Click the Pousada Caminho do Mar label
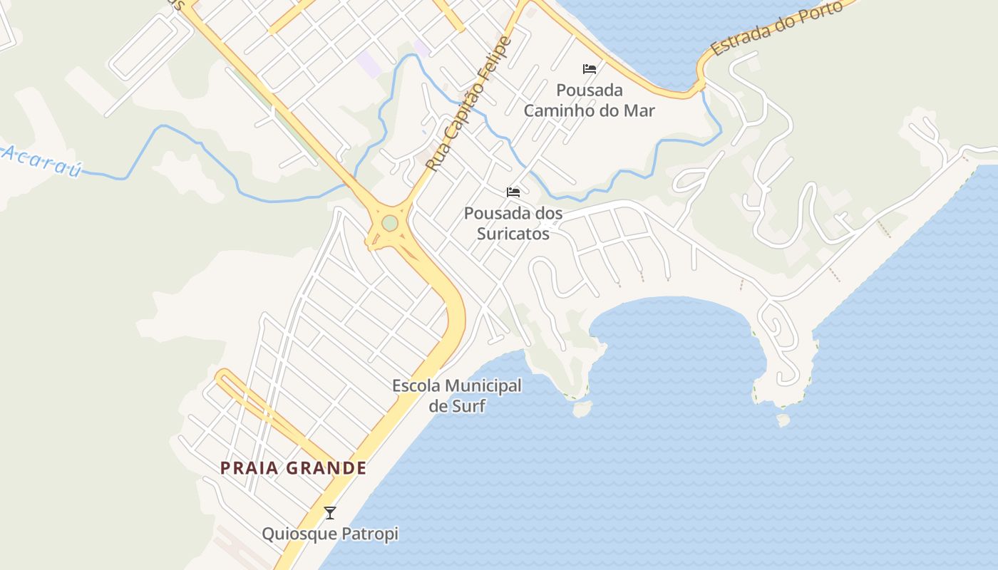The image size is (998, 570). tap(589, 100)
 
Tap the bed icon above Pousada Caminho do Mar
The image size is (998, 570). tap(590, 69)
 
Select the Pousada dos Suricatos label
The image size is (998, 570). tap(513, 223)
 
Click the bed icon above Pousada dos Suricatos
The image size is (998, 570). tap(513, 192)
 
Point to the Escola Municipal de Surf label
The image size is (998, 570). tap(457, 396)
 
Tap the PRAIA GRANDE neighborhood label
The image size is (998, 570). tap(293, 468)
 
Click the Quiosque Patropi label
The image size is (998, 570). tap(329, 534)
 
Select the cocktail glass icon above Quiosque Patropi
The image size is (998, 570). tap(330, 513)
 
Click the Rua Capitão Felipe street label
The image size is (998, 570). tap(469, 104)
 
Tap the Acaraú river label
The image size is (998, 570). tap(41, 161)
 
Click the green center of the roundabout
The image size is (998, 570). tap(389, 224)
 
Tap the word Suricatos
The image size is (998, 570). tap(513, 233)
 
